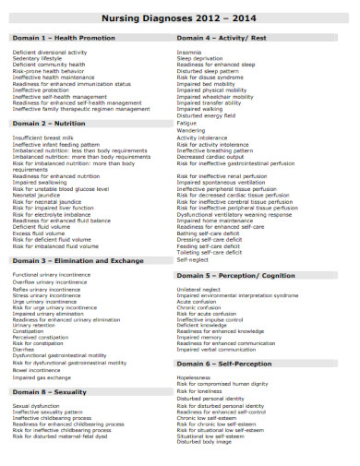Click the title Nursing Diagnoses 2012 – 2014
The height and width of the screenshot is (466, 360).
coord(179,18)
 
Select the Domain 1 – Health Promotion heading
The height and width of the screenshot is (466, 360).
coord(64,38)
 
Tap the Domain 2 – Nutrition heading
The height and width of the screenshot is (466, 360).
coord(52,123)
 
